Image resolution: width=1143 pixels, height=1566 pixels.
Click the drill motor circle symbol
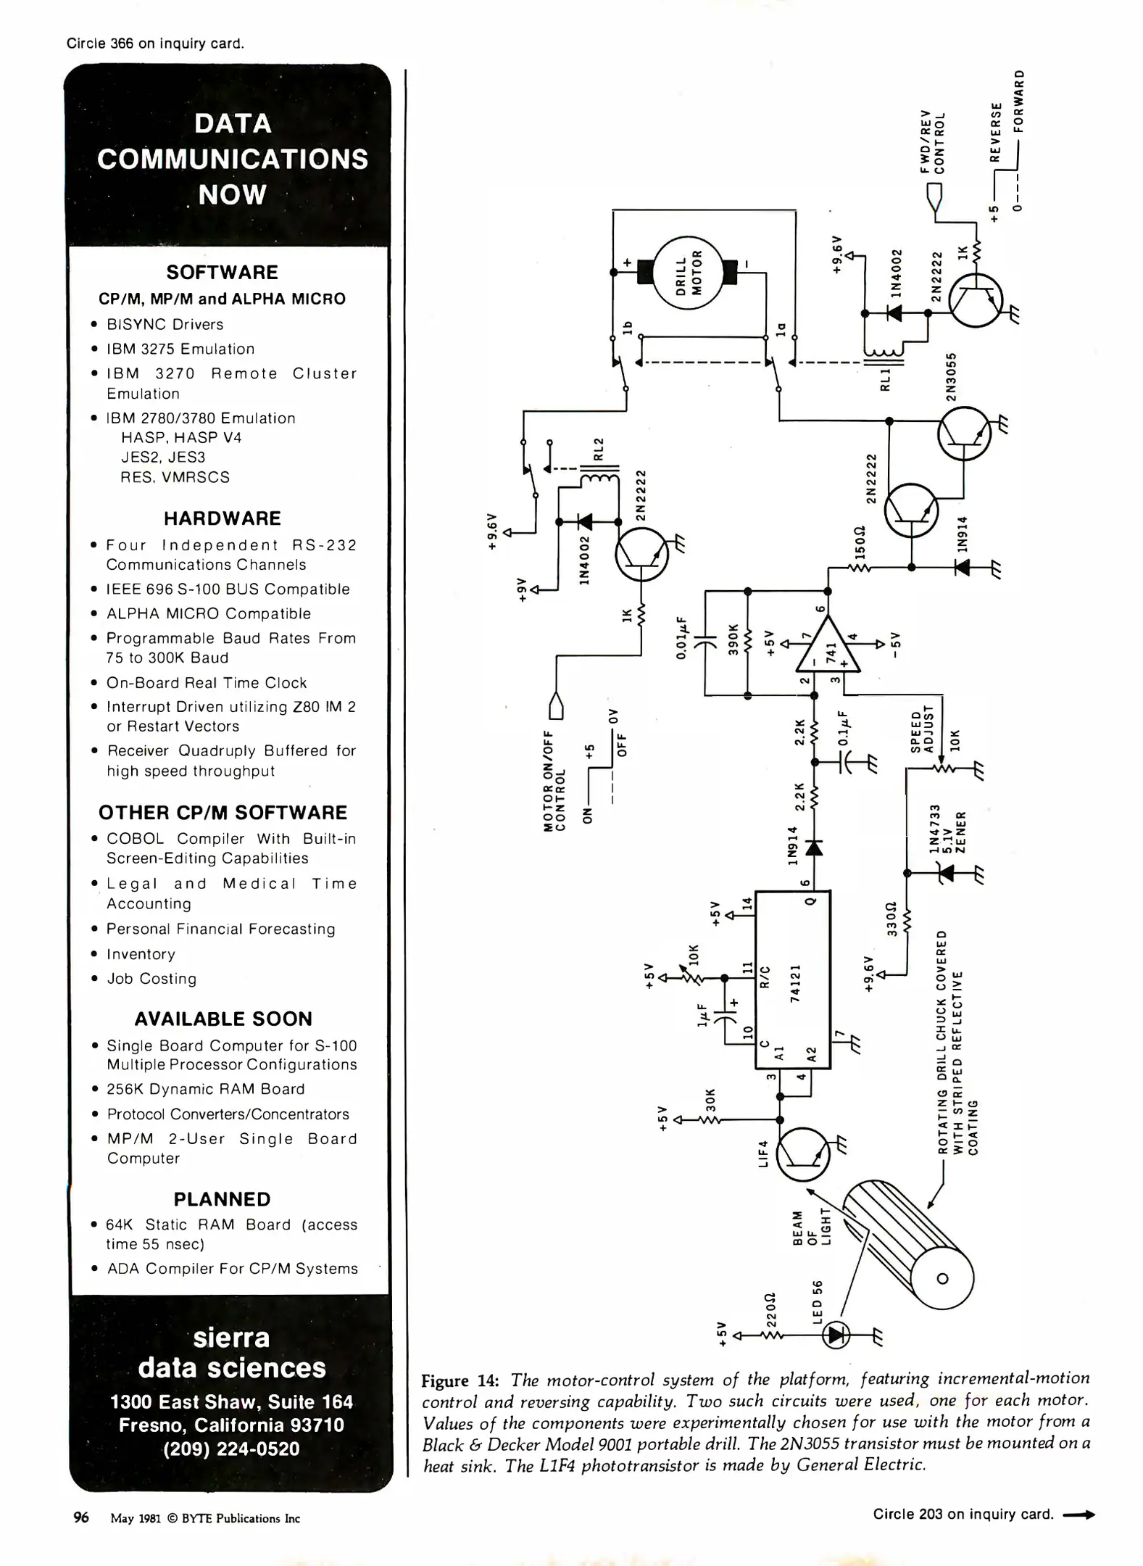[x=689, y=273]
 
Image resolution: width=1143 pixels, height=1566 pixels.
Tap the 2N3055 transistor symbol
[x=964, y=434]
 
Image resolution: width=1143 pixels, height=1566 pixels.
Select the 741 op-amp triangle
[x=828, y=644]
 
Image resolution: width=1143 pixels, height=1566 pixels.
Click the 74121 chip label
[x=795, y=983]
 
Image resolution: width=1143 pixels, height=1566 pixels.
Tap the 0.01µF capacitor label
[x=681, y=638]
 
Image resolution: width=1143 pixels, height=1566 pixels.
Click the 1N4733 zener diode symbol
[x=944, y=874]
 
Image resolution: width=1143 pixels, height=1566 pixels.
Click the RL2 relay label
[x=599, y=449]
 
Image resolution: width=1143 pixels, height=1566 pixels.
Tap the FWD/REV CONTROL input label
[x=932, y=141]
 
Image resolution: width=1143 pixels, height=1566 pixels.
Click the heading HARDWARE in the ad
[x=222, y=518]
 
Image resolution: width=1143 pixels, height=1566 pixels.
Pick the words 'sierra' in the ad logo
[x=231, y=1338]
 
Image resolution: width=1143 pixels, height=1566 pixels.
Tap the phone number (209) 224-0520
[x=231, y=1449]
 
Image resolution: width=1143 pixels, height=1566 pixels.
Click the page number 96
[x=81, y=1517]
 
